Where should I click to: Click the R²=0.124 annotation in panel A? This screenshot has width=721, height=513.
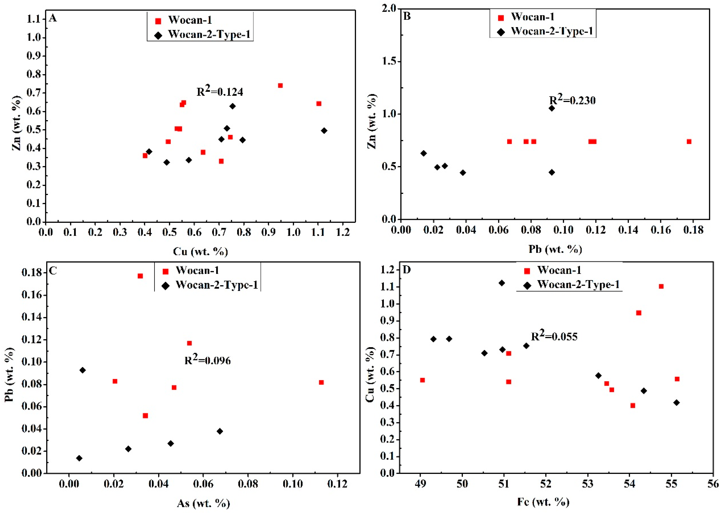[220, 91]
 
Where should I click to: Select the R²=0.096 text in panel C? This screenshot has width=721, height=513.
[208, 360]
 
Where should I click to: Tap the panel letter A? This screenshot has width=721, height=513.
[53, 18]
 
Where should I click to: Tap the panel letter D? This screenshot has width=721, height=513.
[407, 270]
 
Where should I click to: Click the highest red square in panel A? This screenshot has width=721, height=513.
[280, 86]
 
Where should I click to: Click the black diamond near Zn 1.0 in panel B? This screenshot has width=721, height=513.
[552, 108]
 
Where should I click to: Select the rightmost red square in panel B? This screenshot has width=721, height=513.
[689, 142]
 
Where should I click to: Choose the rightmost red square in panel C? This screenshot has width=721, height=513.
[321, 382]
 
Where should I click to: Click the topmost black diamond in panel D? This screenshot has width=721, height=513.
[502, 283]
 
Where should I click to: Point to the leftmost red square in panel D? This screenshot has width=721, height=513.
[422, 380]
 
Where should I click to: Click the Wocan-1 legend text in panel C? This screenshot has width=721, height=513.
[197, 270]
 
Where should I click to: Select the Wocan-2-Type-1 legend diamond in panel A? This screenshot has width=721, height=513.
[158, 35]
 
